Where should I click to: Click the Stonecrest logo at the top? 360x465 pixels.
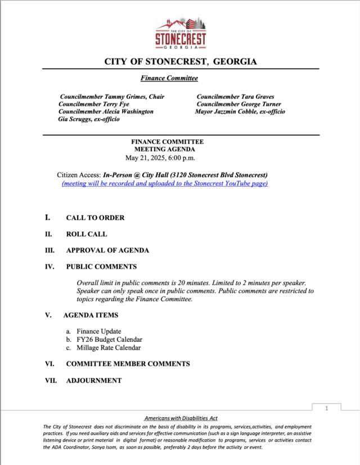click(181, 33)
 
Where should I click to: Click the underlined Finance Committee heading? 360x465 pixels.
click(169, 78)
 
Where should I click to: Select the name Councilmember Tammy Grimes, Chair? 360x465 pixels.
click(112, 97)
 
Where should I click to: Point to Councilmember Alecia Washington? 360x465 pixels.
click(106, 111)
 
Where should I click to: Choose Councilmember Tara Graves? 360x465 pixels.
click(235, 97)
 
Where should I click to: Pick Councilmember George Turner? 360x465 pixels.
click(238, 104)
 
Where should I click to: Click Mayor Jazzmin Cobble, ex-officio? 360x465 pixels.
click(240, 111)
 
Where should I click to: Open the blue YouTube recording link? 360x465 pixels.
click(165, 183)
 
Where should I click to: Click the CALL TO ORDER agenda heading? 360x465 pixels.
click(95, 218)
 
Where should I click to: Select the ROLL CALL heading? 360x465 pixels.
click(86, 234)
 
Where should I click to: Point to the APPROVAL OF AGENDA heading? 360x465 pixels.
click(107, 250)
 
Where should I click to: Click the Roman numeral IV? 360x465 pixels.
click(49, 267)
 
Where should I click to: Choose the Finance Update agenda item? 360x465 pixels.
click(99, 331)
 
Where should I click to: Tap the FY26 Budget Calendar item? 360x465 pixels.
click(109, 340)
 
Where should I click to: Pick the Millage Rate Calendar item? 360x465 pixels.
click(109, 347)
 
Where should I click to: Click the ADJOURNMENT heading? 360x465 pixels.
click(93, 381)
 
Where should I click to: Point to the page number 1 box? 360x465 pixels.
click(326, 409)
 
